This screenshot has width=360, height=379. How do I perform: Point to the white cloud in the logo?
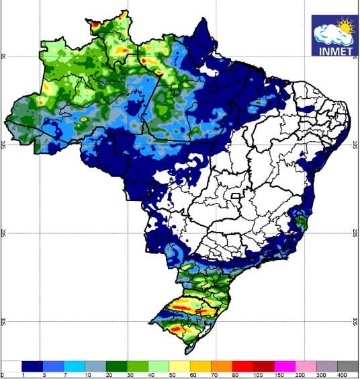pyautogui.click(x=329, y=34)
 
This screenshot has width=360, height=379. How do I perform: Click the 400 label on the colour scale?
pyautogui.click(x=343, y=374)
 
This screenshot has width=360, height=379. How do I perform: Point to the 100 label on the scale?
pyautogui.click(x=235, y=374)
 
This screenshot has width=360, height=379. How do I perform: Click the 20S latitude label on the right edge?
pyautogui.click(x=355, y=233)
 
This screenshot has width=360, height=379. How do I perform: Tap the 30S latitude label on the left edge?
pyautogui.click(x=3, y=321)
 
